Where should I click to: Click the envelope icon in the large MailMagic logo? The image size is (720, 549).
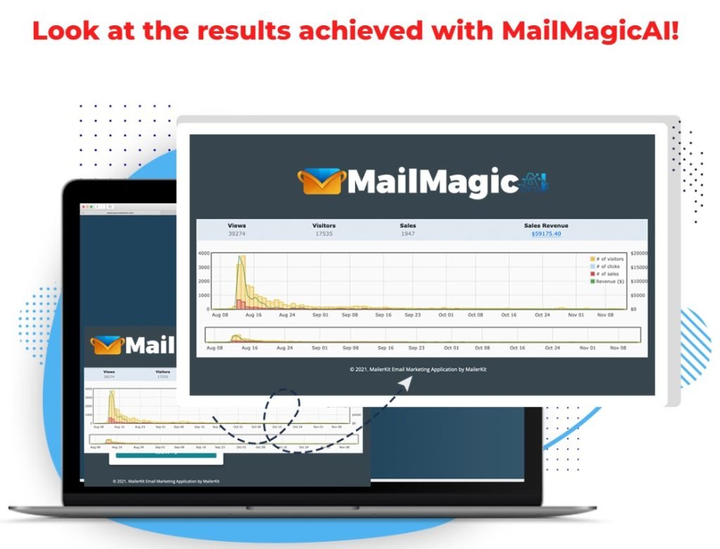322,181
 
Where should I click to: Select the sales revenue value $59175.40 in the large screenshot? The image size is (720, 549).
546,233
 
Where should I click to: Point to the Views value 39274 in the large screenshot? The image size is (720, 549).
237,233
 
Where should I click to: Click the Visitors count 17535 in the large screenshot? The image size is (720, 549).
323,233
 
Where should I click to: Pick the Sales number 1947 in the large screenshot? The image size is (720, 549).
407,233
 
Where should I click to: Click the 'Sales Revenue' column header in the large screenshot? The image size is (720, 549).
546,226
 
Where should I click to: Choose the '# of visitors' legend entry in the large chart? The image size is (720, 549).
610,259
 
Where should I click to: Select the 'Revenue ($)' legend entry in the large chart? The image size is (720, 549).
610,281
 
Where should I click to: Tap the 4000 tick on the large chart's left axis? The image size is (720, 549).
204,253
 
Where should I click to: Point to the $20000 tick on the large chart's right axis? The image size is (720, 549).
641,253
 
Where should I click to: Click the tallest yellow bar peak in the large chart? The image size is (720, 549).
243,257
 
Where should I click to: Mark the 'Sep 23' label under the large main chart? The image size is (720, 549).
413,316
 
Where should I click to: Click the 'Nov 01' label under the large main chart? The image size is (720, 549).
577,316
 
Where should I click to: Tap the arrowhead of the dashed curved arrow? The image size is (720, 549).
408,382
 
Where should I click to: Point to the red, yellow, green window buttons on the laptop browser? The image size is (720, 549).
87,207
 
